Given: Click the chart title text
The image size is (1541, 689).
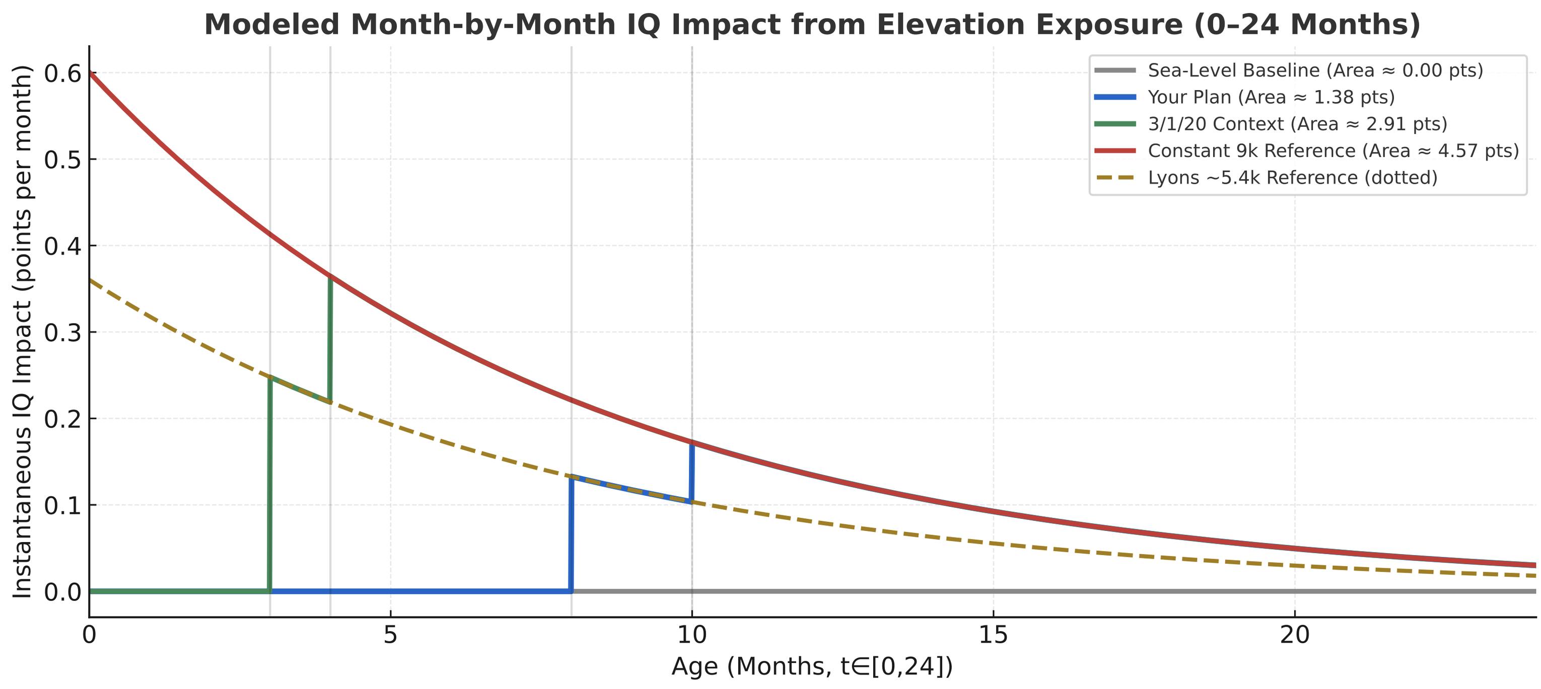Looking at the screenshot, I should pyautogui.click(x=812, y=25).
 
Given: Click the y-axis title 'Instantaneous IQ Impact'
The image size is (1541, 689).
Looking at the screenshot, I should pyautogui.click(x=22, y=332).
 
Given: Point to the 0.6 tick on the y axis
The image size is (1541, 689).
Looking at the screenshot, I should pyautogui.click(x=62, y=73).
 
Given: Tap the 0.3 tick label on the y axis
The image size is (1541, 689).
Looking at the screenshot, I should pyautogui.click(x=62, y=333).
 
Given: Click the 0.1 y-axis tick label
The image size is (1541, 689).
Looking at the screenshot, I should pyautogui.click(x=62, y=505).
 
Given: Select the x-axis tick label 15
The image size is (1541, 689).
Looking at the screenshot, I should pyautogui.click(x=993, y=635).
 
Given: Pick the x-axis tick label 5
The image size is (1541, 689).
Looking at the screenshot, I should pyautogui.click(x=391, y=635).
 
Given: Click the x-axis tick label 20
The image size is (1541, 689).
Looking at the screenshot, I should pyautogui.click(x=1295, y=635).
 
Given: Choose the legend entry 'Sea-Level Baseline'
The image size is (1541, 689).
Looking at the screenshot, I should pyautogui.click(x=1315, y=70).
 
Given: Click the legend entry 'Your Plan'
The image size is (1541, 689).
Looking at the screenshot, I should pyautogui.click(x=1271, y=97).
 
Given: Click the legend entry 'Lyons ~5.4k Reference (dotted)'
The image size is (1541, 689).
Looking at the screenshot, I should pyautogui.click(x=1292, y=178).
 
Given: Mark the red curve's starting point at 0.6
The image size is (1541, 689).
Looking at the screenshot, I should pyautogui.click(x=90, y=73).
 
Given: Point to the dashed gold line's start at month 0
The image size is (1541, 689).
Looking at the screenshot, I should pyautogui.click(x=90, y=280).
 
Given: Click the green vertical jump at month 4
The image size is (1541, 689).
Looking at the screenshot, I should pyautogui.click(x=330, y=338).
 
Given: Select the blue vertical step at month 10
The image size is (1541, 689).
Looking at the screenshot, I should pyautogui.click(x=692, y=473).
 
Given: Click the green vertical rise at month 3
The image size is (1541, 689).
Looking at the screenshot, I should pyautogui.click(x=270, y=485).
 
